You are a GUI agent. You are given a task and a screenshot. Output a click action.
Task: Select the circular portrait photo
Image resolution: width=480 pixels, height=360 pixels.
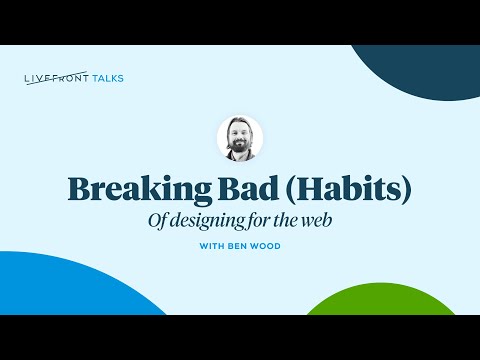click(240, 139)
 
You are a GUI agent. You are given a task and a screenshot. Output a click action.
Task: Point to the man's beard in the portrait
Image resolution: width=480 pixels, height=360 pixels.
click(240, 150)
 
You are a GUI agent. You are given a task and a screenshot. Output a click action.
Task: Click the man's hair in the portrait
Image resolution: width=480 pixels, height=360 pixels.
click(241, 125)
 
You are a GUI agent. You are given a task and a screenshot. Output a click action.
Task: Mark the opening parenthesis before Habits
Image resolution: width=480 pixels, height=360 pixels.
click(279, 188)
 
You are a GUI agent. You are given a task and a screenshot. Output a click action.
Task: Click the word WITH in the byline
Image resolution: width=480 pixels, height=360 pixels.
click(211, 245)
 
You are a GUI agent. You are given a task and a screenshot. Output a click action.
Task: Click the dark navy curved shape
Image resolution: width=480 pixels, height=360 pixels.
click(420, 70)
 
